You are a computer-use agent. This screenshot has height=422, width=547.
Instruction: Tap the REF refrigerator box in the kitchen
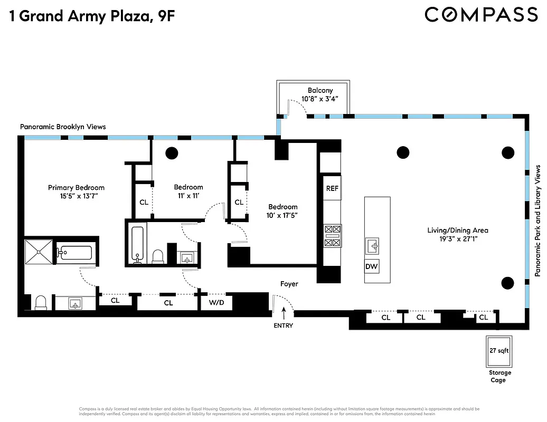click(332, 188)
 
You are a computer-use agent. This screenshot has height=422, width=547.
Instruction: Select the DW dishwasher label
click(372, 266)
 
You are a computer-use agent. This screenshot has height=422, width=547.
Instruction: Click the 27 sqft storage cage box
click(498, 351)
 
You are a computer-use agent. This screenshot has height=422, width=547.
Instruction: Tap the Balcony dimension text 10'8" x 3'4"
click(320, 99)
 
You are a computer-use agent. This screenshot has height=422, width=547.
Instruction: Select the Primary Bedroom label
click(76, 187)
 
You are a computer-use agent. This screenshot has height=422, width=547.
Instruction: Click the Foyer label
click(289, 284)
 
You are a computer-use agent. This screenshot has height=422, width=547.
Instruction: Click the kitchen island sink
click(372, 245)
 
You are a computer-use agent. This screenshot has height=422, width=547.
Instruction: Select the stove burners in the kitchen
click(333, 236)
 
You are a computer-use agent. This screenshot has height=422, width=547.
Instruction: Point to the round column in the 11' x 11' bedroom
click(172, 153)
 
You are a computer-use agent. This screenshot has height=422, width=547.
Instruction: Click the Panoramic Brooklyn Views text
click(63, 127)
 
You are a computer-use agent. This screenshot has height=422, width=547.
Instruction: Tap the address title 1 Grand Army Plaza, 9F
click(91, 16)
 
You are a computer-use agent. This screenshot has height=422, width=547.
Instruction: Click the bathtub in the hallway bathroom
click(137, 243)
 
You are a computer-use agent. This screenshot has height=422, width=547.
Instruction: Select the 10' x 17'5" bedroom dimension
click(282, 215)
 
